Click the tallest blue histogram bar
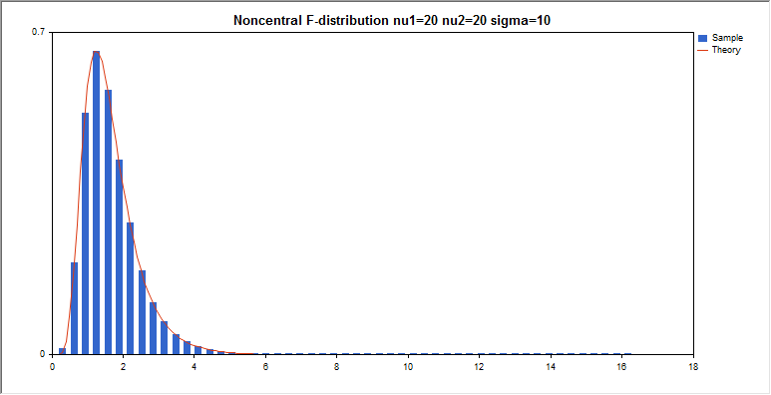[x=96, y=202]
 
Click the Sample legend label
[x=727, y=38]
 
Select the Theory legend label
[x=726, y=50]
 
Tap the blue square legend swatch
[x=702, y=38]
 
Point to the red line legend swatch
[x=702, y=50]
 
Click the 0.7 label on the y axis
[x=38, y=33]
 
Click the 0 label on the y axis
[x=42, y=354]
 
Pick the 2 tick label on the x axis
[x=124, y=367]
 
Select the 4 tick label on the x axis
[x=194, y=367]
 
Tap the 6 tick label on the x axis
[x=266, y=367]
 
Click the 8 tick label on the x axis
[x=337, y=367]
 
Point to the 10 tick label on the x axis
[x=408, y=367]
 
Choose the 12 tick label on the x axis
[x=480, y=367]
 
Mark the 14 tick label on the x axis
[x=551, y=367]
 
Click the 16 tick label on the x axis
[x=622, y=367]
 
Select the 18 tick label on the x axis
[x=693, y=367]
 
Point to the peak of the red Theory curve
[x=96, y=51]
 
